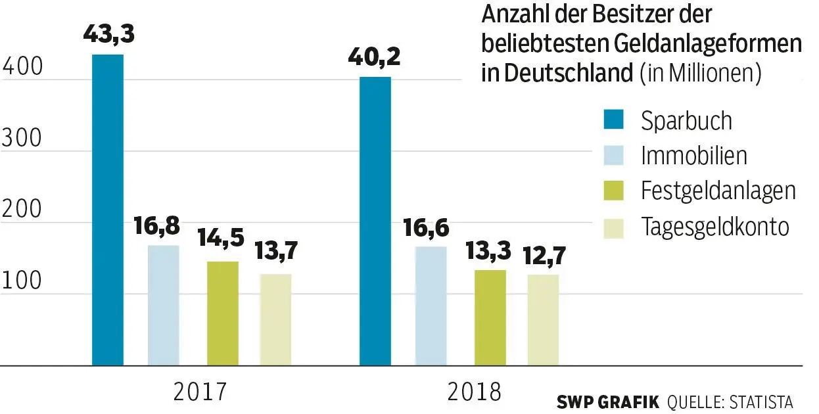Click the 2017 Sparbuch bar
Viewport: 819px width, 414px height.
(x=108, y=209)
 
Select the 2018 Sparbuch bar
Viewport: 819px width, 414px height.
(x=375, y=221)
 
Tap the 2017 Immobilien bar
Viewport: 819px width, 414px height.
(x=163, y=305)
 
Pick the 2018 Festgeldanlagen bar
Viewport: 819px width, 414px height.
(x=490, y=317)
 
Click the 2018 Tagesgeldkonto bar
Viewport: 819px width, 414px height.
(x=543, y=319)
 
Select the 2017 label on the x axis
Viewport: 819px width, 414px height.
(x=200, y=392)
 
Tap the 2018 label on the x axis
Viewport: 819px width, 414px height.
(x=474, y=392)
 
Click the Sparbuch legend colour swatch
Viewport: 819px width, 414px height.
(x=613, y=120)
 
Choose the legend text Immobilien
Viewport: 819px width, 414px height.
(x=694, y=156)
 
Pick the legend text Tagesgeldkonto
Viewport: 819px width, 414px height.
(x=714, y=227)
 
